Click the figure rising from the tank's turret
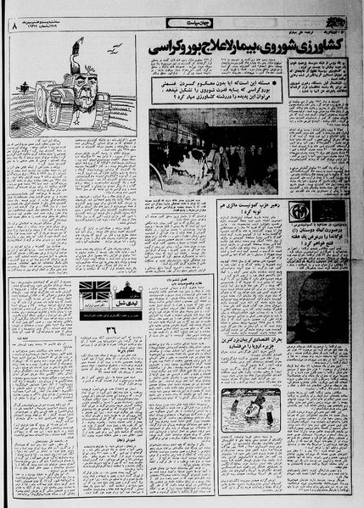click(x=78, y=64)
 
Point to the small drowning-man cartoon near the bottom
click(x=249, y=412)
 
